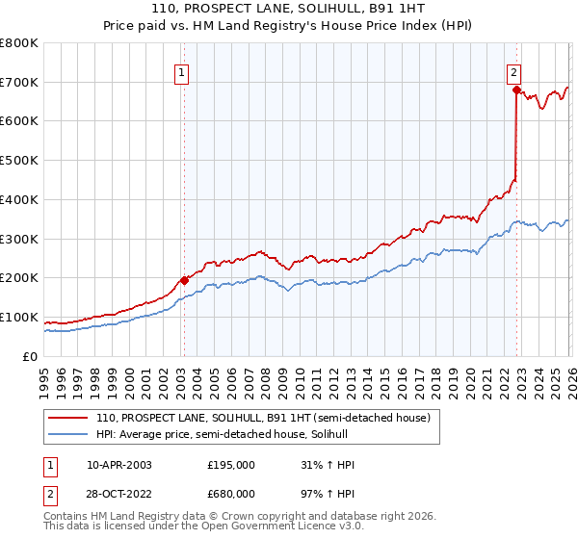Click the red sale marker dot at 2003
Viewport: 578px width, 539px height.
click(x=184, y=280)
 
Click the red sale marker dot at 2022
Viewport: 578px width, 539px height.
click(x=516, y=90)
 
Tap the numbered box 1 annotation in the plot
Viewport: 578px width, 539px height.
click(x=182, y=70)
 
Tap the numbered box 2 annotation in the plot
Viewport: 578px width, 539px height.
click(x=514, y=70)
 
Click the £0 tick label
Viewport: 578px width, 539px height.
click(x=29, y=357)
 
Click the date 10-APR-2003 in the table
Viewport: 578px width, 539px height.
click(x=119, y=465)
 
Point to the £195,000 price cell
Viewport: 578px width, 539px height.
click(x=231, y=465)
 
